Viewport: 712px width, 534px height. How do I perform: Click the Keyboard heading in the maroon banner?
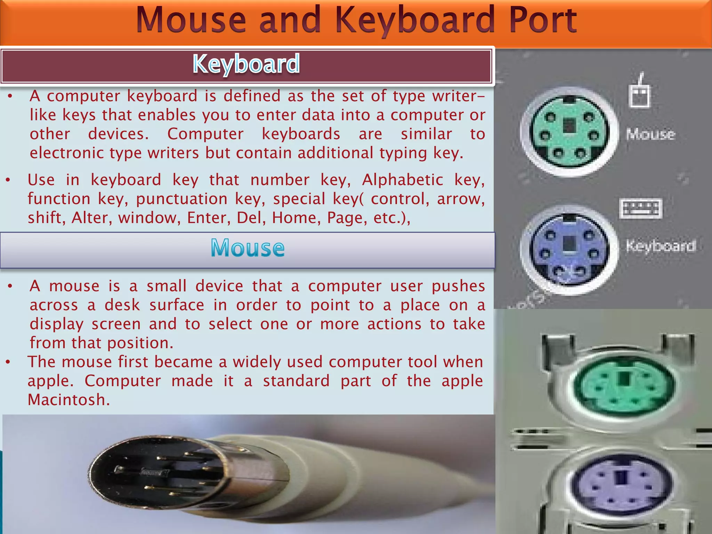[246, 64]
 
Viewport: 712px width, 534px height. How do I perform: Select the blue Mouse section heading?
[248, 248]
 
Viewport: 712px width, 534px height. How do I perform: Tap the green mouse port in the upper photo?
[569, 132]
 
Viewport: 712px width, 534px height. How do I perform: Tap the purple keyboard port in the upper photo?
[569, 250]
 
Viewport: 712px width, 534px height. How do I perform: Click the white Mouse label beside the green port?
[650, 134]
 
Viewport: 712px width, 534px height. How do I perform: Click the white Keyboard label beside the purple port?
[661, 246]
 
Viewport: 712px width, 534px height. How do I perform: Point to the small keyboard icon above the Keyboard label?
[641, 208]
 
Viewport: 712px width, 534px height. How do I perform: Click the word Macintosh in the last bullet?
[68, 400]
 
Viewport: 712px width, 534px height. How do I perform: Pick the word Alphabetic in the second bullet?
[403, 180]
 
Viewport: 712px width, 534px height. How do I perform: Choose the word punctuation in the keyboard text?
[182, 199]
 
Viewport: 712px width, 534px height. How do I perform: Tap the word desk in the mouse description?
[122, 305]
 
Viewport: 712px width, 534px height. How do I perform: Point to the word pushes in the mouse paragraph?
[458, 286]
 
